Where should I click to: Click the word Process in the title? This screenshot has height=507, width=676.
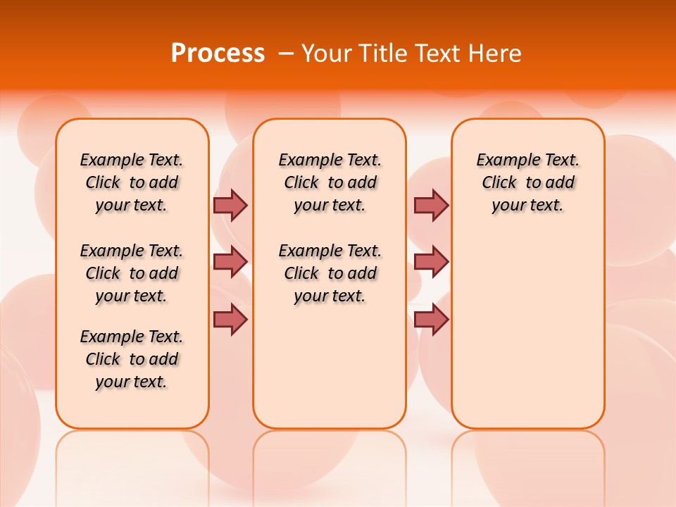click(218, 54)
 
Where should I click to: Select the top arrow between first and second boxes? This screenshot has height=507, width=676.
click(230, 205)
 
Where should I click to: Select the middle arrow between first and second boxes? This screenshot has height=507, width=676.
click(230, 262)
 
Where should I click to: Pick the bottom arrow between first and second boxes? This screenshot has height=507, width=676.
click(230, 319)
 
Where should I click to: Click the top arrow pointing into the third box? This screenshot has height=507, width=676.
click(431, 205)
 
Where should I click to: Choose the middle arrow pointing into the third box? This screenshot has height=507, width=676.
click(431, 262)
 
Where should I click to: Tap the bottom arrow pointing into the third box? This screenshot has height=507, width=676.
click(431, 319)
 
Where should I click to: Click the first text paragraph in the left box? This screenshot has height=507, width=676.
click(132, 182)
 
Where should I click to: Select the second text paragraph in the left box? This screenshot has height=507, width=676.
click(132, 273)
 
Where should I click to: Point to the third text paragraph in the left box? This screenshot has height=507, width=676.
click(132, 359)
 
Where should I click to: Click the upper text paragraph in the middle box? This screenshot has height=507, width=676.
click(330, 182)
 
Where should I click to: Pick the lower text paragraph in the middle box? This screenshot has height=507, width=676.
click(330, 273)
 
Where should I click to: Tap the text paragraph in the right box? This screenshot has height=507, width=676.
click(527, 182)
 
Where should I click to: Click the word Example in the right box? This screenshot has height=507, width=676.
click(503, 161)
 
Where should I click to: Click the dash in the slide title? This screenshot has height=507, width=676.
click(287, 54)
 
